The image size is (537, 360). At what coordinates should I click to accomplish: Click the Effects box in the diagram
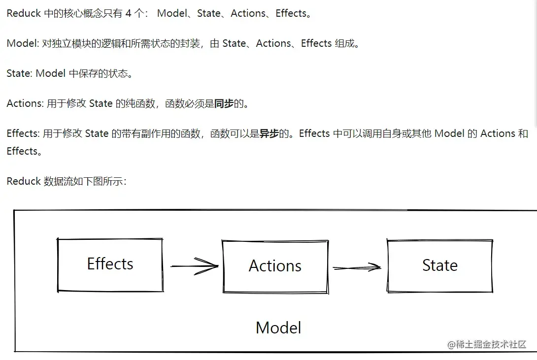click(110, 264)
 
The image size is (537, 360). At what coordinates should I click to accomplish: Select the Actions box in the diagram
click(275, 266)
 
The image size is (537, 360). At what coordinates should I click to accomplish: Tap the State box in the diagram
click(439, 266)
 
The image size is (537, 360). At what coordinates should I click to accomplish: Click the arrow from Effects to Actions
click(194, 266)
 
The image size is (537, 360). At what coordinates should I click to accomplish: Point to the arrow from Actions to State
click(357, 267)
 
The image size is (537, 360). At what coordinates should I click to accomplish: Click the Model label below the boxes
click(278, 328)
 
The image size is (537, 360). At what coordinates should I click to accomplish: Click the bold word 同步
click(224, 103)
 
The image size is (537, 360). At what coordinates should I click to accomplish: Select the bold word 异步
click(269, 133)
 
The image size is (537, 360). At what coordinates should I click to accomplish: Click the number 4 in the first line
click(129, 13)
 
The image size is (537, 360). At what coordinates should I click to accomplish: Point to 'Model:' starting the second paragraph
click(23, 43)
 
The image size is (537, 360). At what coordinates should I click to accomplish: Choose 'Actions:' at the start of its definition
click(25, 103)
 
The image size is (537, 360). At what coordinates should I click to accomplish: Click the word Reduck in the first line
click(24, 13)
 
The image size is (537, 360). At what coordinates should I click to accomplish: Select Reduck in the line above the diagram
click(24, 181)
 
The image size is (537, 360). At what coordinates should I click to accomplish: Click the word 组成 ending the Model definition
click(344, 43)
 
